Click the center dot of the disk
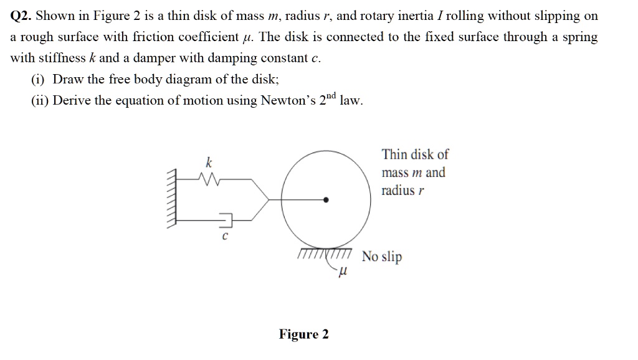(326, 200)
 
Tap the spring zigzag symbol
(209, 179)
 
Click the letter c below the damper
(225, 237)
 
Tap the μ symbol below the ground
(341, 272)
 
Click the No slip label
(382, 257)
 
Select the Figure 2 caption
(303, 334)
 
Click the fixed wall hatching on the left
(173, 199)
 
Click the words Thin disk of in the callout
(415, 154)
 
